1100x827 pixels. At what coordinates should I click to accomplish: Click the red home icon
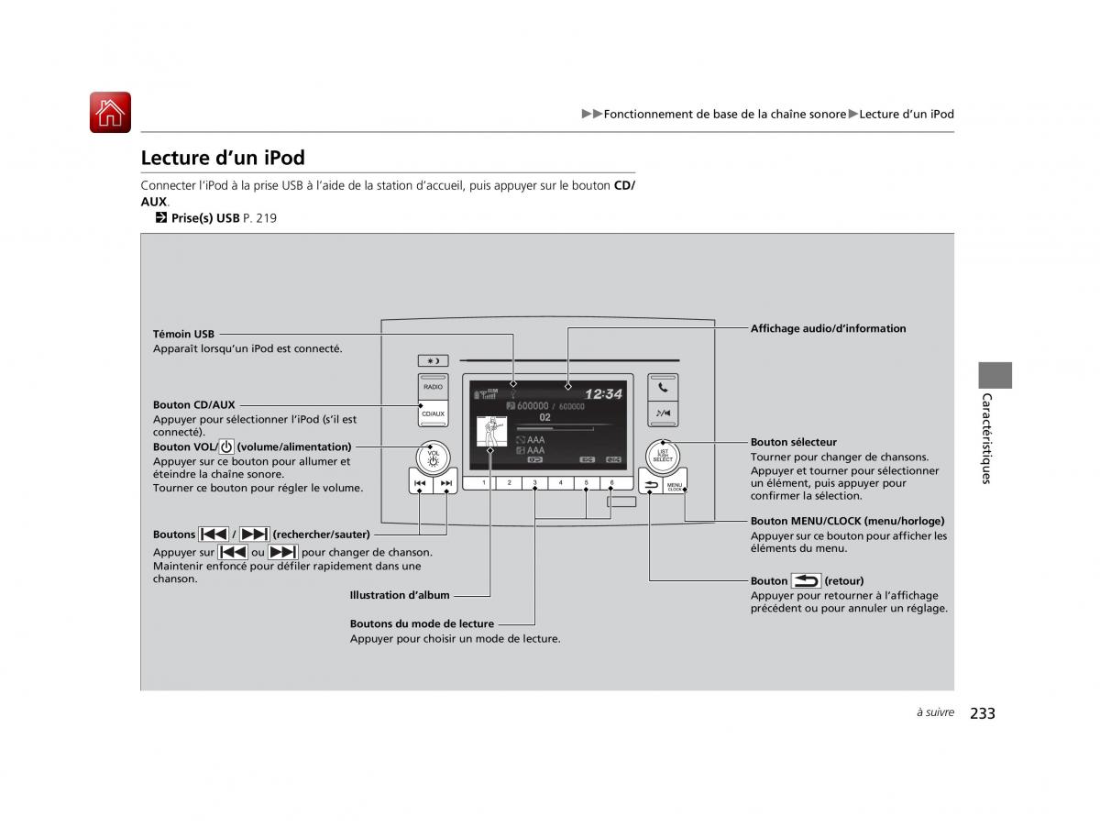click(x=110, y=113)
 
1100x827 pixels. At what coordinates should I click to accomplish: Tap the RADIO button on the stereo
click(x=433, y=387)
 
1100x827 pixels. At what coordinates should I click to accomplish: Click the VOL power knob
click(x=433, y=455)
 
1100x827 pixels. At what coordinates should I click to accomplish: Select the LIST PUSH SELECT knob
click(x=662, y=455)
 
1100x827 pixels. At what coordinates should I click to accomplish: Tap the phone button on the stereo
click(x=663, y=387)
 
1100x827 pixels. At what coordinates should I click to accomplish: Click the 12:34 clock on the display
click(x=603, y=394)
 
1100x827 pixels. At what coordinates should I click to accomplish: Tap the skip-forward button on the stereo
click(x=445, y=482)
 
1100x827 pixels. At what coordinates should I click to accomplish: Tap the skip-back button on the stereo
click(x=420, y=482)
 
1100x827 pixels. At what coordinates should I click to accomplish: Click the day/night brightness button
click(x=433, y=360)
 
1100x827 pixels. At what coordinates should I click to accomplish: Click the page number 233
click(x=982, y=713)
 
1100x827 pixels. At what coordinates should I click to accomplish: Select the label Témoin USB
click(x=183, y=335)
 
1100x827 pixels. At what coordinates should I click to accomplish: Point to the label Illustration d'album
click(x=400, y=596)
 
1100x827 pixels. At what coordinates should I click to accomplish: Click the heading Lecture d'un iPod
click(x=223, y=158)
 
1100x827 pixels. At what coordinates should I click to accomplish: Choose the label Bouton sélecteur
click(x=793, y=442)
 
